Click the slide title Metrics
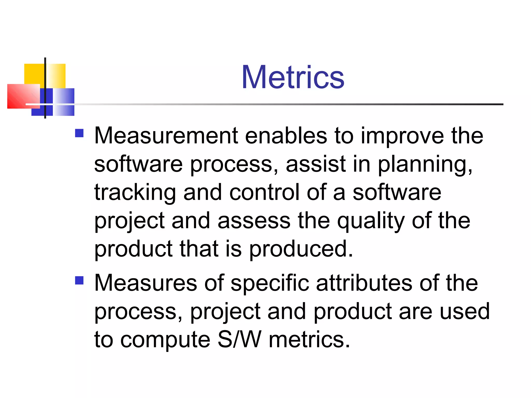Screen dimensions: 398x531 coord(293,77)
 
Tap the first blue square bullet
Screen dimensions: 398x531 coord(79,133)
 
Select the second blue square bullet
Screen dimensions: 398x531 coord(79,280)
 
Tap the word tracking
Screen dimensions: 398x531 coord(135,193)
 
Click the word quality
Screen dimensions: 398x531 coord(371,221)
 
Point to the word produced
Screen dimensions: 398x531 coord(301,249)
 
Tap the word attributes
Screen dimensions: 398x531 coord(364,283)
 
